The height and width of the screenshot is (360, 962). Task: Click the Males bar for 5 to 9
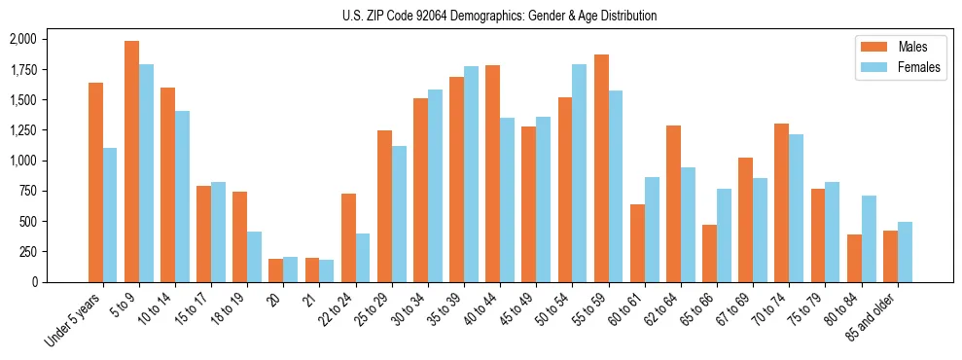pos(131,162)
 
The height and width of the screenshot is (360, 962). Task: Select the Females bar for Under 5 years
pos(110,215)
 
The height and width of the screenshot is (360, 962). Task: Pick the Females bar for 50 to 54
pos(580,173)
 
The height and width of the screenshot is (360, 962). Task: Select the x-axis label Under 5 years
pos(72,321)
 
